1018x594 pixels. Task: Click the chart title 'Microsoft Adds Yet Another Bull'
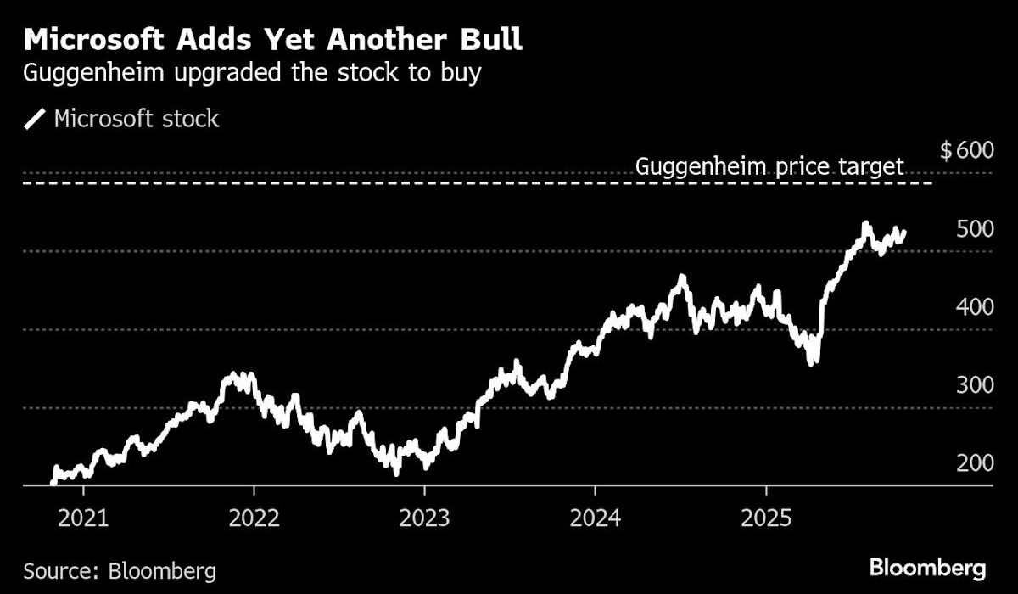click(273, 40)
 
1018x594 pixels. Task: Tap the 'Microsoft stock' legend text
click(137, 119)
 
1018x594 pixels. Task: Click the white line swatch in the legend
click(36, 120)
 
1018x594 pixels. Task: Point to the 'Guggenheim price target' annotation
click(769, 166)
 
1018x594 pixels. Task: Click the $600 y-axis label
click(966, 151)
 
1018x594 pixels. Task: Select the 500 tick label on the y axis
click(971, 229)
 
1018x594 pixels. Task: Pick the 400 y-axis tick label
click(971, 307)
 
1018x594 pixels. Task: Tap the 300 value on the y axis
click(971, 385)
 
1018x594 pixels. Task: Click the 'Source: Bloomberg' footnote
click(120, 569)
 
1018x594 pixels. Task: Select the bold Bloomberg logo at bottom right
click(926, 568)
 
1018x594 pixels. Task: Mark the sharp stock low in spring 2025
click(814, 361)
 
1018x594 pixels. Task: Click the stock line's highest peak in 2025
click(864, 225)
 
